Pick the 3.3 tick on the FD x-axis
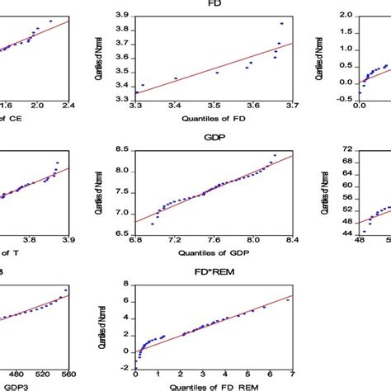[137, 106]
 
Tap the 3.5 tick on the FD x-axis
[214, 106]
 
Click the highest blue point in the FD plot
[281, 24]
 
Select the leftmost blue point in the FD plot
[143, 85]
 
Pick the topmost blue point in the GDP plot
[275, 155]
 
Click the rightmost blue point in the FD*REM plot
[288, 300]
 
